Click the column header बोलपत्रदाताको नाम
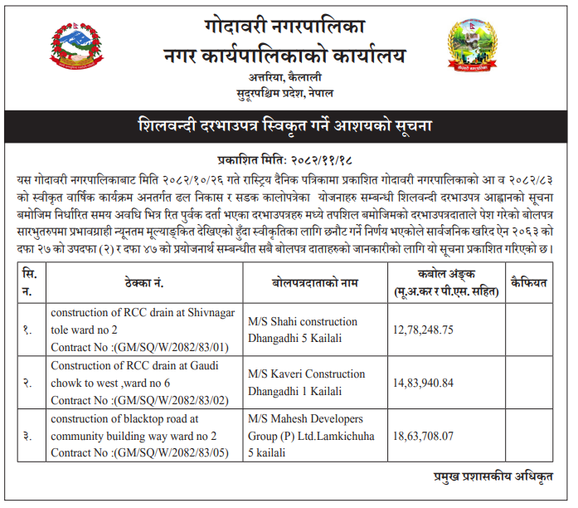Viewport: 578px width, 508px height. pos(314,283)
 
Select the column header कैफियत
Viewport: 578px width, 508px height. pos(529,283)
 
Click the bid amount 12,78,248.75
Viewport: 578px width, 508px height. pos(425,330)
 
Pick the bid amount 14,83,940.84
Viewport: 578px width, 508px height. pos(425,383)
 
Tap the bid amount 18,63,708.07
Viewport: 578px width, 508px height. pos(425,436)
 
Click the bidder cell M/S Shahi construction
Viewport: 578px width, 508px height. pos(303,322)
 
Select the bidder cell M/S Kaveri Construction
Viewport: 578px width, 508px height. pos(306,374)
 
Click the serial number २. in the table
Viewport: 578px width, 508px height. pos(27,383)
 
